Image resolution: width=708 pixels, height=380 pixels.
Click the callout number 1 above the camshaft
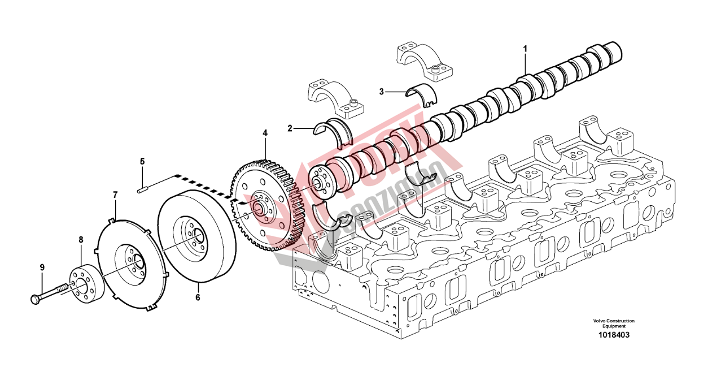(525, 49)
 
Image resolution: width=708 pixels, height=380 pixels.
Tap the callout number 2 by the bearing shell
(290, 128)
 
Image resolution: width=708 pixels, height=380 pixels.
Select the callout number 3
(382, 91)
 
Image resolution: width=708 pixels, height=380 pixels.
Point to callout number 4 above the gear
(264, 133)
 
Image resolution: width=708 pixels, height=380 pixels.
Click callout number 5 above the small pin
(142, 162)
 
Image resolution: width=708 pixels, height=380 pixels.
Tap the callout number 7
(115, 195)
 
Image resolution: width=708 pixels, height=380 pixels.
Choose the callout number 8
(81, 240)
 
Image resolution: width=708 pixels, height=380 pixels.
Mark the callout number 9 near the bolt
(42, 267)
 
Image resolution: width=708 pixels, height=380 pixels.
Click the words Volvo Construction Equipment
(614, 323)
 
